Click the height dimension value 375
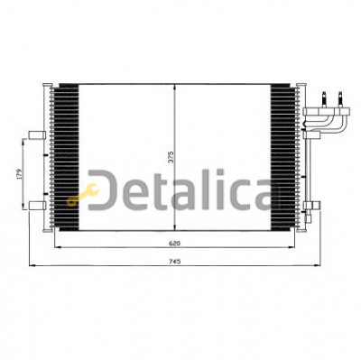(x=171, y=157)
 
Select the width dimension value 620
(x=174, y=244)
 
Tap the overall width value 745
(x=174, y=262)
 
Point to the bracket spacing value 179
(x=20, y=174)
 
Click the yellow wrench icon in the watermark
(x=83, y=195)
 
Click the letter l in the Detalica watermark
(x=221, y=189)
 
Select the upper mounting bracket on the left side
(x=37, y=135)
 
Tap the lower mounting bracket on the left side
(x=37, y=206)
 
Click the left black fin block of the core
(x=69, y=157)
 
